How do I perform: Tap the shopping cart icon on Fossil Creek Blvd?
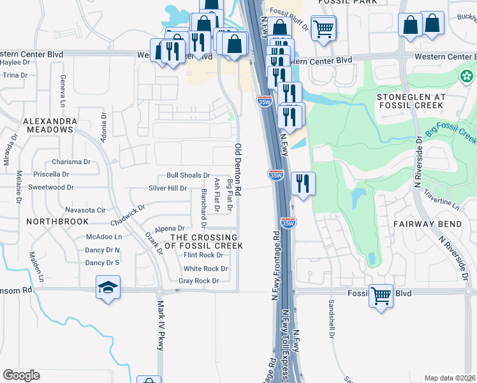pos(381,295)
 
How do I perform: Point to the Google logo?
pos(21,375)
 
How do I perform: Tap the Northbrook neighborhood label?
pos(48,221)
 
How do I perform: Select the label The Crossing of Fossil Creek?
pos(203,241)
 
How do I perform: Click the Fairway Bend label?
pos(422,224)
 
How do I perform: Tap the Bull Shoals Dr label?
pos(188,175)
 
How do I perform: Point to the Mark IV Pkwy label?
pos(161,322)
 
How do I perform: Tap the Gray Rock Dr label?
pos(198,281)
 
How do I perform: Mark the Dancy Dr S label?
pos(102,262)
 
